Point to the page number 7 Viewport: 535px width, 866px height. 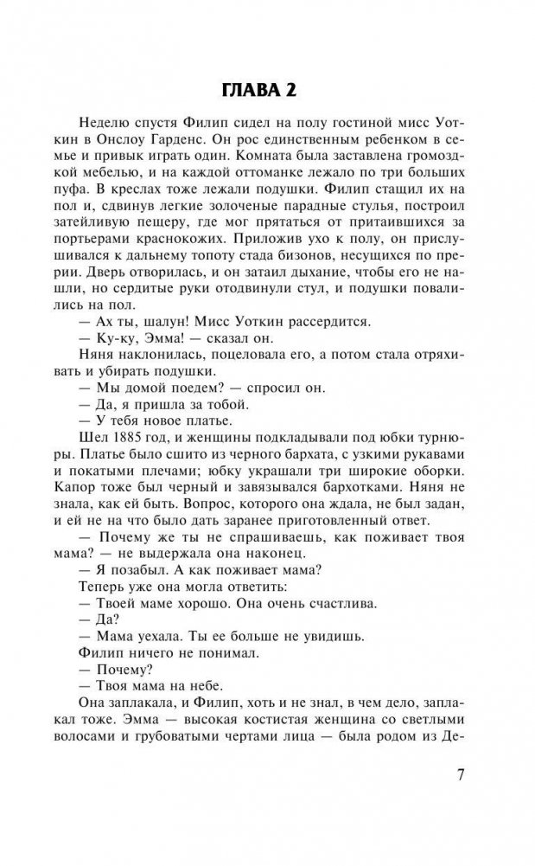point(460,773)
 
